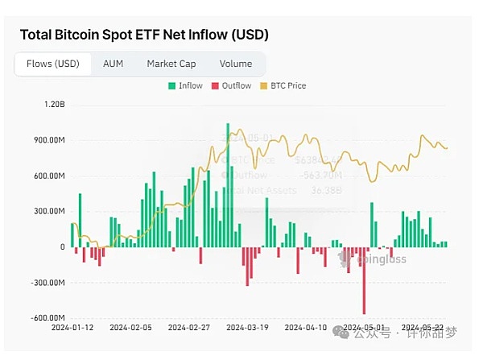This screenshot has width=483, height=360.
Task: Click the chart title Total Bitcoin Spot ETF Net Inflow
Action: tap(144, 35)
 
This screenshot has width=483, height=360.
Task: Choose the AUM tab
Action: tap(113, 64)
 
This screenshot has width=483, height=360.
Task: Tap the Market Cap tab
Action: tap(171, 64)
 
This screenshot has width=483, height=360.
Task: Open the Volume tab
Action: tap(235, 64)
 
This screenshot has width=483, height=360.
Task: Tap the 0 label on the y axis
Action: tap(61, 247)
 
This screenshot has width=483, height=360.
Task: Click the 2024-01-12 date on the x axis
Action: tap(72, 329)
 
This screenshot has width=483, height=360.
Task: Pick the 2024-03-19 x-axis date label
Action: tap(247, 329)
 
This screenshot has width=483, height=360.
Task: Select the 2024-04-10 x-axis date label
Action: tap(306, 329)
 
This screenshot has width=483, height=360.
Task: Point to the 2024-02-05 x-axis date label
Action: tap(130, 329)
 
